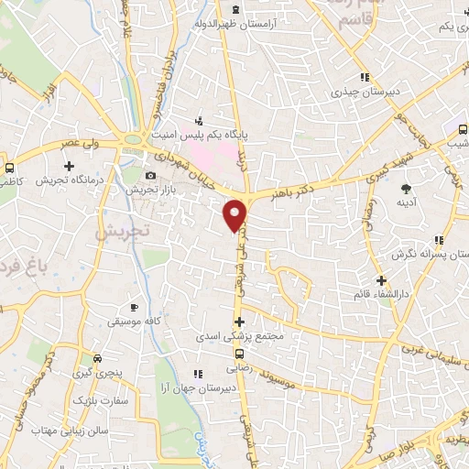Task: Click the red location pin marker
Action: [236, 214]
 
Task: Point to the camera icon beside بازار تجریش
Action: [150, 175]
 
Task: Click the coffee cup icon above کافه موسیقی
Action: [135, 308]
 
